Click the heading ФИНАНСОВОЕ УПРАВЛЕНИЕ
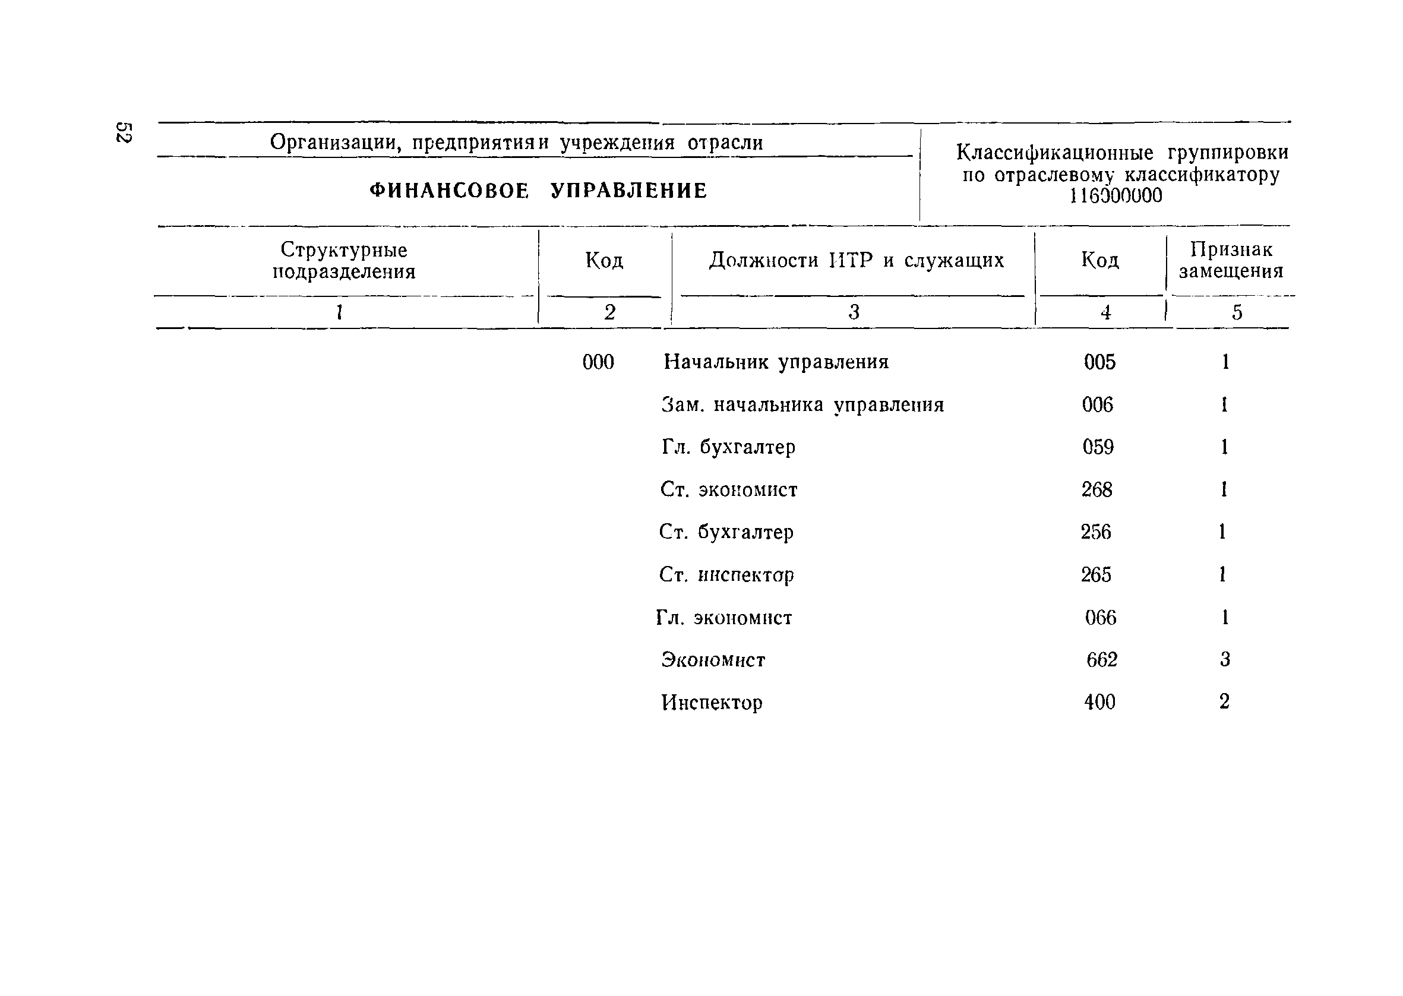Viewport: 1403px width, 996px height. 538,191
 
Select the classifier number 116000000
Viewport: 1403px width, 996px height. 1116,195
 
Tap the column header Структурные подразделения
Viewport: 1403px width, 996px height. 344,261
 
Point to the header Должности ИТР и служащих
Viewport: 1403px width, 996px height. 856,261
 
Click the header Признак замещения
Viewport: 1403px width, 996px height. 1231,260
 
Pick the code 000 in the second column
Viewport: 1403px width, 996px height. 598,362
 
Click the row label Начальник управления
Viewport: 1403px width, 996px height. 776,362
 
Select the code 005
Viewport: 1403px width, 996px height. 1099,362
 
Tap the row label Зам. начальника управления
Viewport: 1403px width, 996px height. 802,405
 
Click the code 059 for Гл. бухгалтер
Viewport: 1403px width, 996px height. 1098,447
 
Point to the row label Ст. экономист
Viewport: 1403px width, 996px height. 728,489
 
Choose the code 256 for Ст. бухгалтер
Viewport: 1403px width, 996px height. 1096,532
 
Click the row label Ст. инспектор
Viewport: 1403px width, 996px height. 726,575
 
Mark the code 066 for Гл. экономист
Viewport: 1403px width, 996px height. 1100,617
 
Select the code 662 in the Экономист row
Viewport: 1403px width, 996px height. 1102,660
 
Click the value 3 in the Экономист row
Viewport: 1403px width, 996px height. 1225,659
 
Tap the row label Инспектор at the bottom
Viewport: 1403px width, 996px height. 712,702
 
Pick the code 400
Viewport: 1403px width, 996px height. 1099,701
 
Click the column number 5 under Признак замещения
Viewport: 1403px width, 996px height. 1237,313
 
